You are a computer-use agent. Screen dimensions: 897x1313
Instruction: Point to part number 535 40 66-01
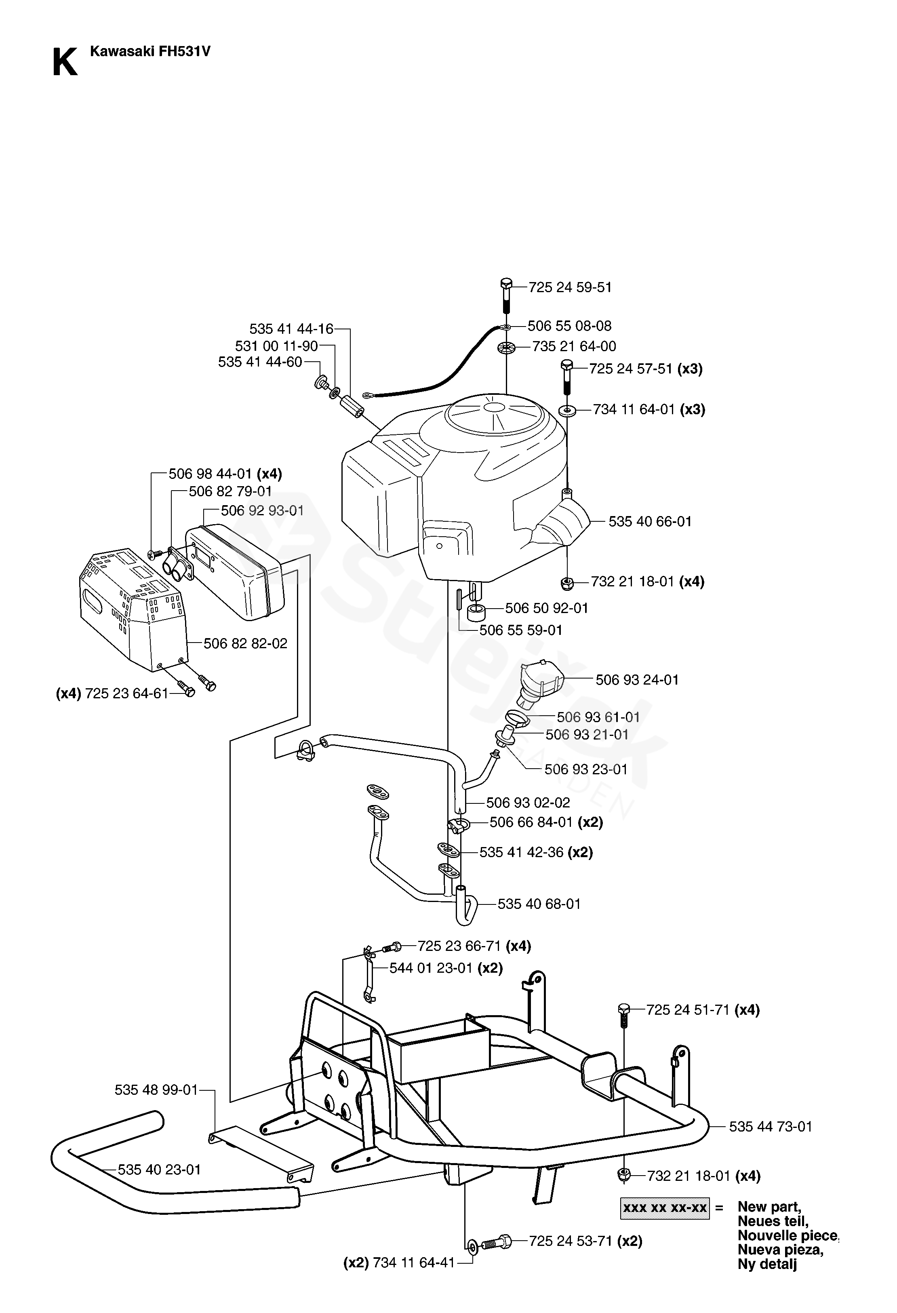point(650,521)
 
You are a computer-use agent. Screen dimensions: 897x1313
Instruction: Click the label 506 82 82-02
point(245,643)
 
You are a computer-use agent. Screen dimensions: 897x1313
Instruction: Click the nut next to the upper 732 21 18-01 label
point(566,582)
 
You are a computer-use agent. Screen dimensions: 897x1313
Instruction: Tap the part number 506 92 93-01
point(262,511)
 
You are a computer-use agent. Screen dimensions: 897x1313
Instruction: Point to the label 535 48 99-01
point(156,1090)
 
